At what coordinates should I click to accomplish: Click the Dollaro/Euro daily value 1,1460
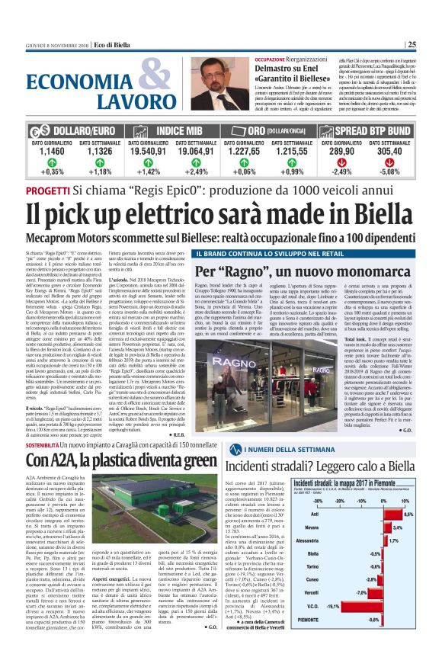[x=50, y=152]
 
